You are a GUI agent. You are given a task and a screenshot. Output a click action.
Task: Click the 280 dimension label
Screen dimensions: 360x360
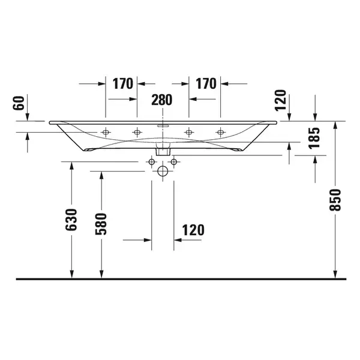point(161,100)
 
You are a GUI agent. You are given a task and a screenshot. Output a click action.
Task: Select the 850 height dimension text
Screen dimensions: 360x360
point(335,200)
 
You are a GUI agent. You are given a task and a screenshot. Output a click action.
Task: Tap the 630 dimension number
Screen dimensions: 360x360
point(71,220)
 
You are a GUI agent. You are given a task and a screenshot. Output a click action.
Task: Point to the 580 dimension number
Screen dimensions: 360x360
point(101,224)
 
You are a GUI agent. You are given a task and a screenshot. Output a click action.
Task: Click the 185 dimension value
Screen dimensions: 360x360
point(314,138)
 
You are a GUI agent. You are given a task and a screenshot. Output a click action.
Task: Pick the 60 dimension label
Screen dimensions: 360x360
point(19,103)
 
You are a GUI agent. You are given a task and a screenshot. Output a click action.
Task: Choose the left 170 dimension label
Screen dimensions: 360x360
point(123,83)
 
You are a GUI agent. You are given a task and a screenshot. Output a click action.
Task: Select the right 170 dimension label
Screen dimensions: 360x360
point(206,83)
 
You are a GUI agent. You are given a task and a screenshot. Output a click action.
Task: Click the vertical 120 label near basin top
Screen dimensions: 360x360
point(281,100)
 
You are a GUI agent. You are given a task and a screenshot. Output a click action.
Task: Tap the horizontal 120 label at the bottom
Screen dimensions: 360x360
point(193,230)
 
